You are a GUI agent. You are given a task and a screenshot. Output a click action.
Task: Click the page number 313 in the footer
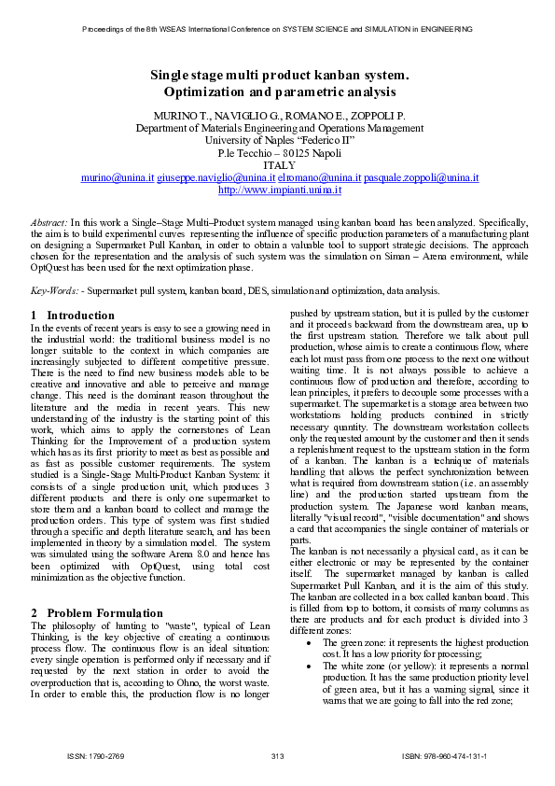[277, 754]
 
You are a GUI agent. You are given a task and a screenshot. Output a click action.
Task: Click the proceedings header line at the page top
[278, 29]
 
